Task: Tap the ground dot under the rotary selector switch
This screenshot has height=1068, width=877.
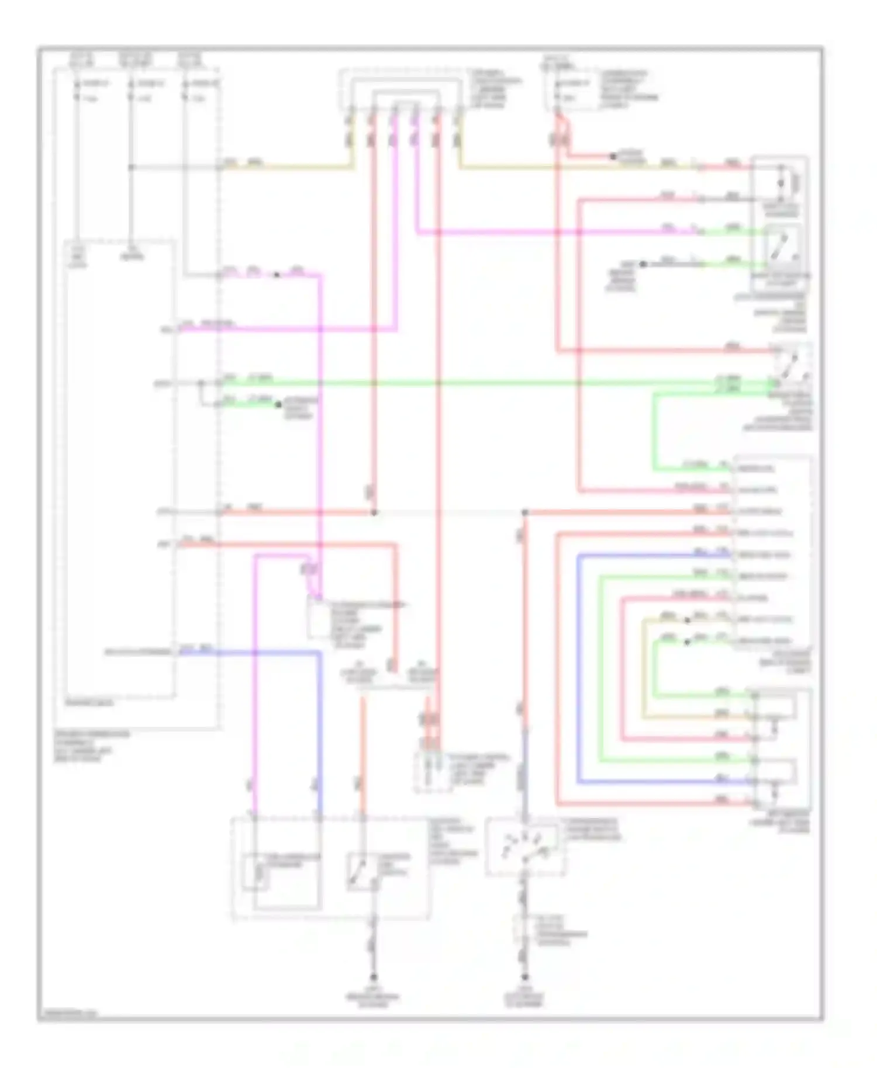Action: coord(524,977)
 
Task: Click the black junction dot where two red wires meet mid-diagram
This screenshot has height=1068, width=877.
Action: coord(374,512)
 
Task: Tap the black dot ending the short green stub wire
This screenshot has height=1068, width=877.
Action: coord(279,404)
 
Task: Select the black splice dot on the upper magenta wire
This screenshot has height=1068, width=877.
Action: coord(277,275)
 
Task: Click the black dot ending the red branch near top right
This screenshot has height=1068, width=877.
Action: coord(613,157)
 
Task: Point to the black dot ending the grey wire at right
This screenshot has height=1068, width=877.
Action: coord(643,264)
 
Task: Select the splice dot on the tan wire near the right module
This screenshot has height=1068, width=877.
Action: coord(687,620)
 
